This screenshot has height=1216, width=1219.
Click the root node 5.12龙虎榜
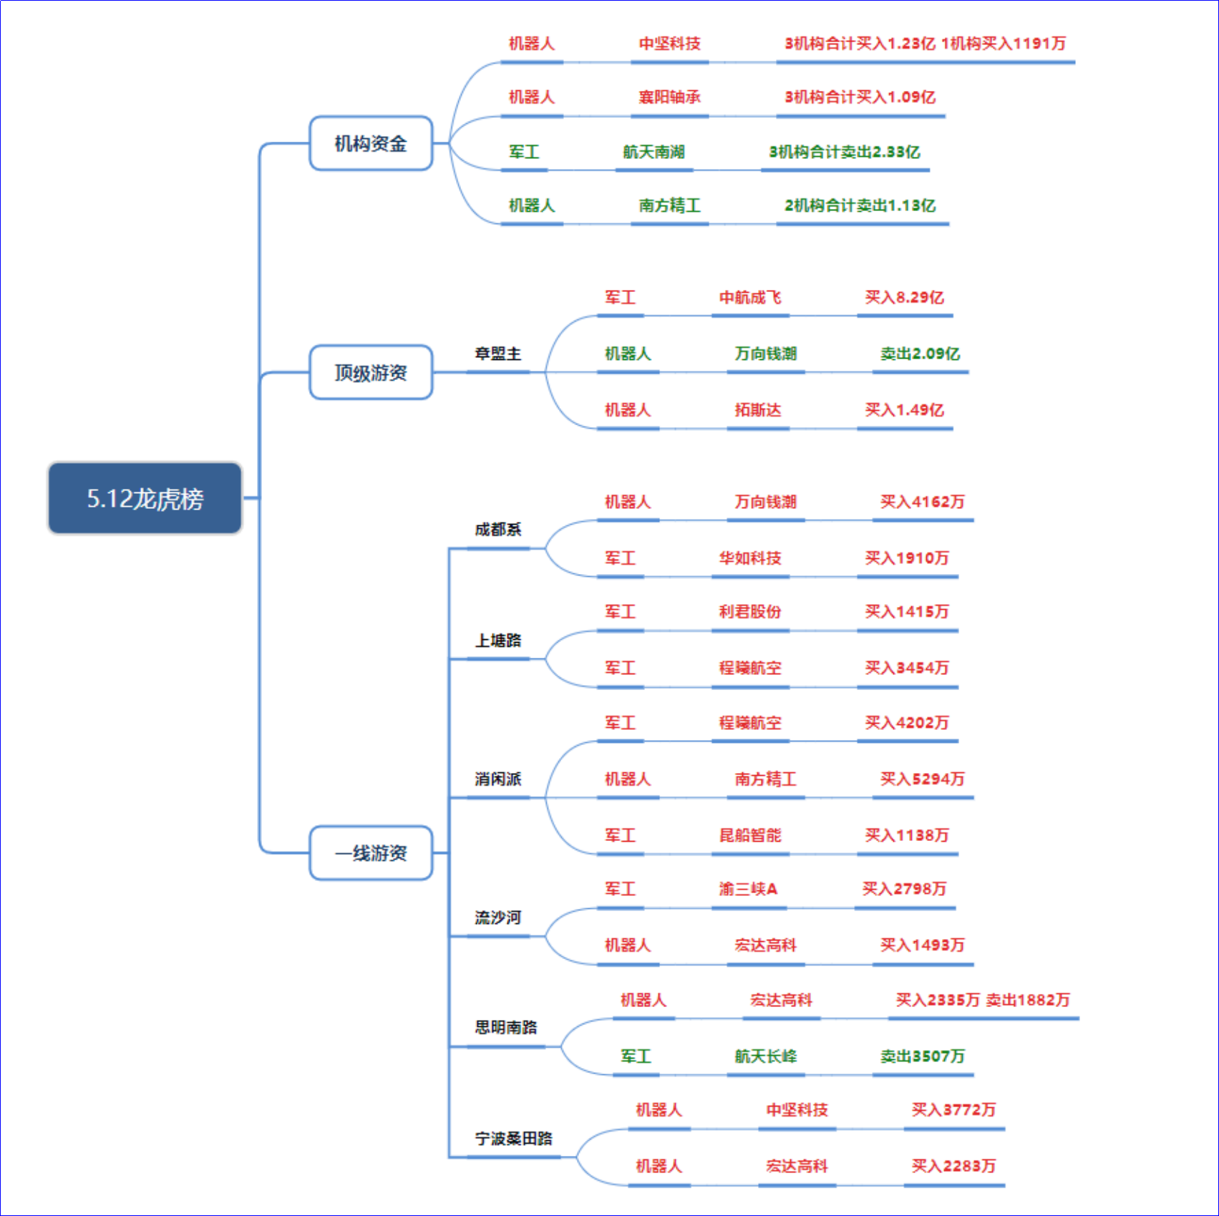click(x=145, y=498)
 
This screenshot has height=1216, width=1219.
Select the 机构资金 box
click(x=371, y=143)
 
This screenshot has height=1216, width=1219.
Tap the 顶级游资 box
click(x=371, y=372)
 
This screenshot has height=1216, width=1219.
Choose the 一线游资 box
click(x=371, y=853)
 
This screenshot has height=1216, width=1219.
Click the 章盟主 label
click(x=498, y=354)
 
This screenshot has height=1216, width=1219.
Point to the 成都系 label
click(x=498, y=530)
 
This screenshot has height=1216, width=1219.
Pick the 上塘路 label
click(x=498, y=640)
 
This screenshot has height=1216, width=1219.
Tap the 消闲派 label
click(x=498, y=779)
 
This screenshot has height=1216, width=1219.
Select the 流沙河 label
click(x=498, y=918)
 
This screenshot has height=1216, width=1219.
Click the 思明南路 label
click(x=506, y=1028)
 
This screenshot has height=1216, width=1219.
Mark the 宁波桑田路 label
click(x=514, y=1138)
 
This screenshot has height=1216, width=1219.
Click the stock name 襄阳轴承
click(x=670, y=97)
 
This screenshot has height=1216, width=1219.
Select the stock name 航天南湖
click(x=654, y=152)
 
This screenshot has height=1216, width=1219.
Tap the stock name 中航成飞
click(x=750, y=298)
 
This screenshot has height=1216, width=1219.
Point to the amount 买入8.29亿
click(x=905, y=298)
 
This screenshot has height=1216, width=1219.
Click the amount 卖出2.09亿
click(x=921, y=354)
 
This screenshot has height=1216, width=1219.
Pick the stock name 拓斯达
click(x=758, y=410)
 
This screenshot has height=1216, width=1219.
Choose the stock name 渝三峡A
click(x=749, y=889)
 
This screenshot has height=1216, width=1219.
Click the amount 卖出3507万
click(x=923, y=1056)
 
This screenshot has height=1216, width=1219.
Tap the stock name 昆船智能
click(x=750, y=835)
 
